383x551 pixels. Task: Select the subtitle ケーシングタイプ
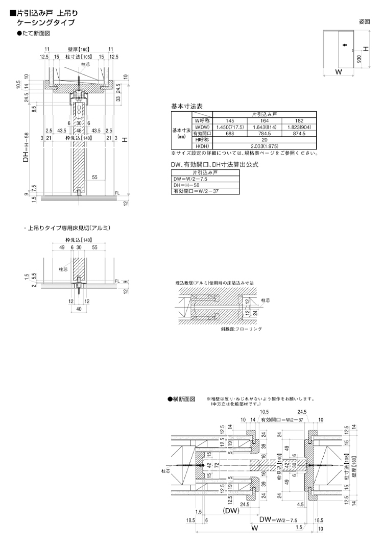point(45,22)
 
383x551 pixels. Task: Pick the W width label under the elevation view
point(338,72)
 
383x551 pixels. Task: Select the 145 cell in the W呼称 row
point(229,121)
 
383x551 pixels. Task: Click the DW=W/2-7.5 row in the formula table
point(189,180)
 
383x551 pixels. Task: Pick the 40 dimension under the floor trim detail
point(79,309)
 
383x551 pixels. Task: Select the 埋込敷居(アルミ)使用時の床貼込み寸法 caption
point(214,282)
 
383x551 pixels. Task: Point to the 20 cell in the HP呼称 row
point(264,140)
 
